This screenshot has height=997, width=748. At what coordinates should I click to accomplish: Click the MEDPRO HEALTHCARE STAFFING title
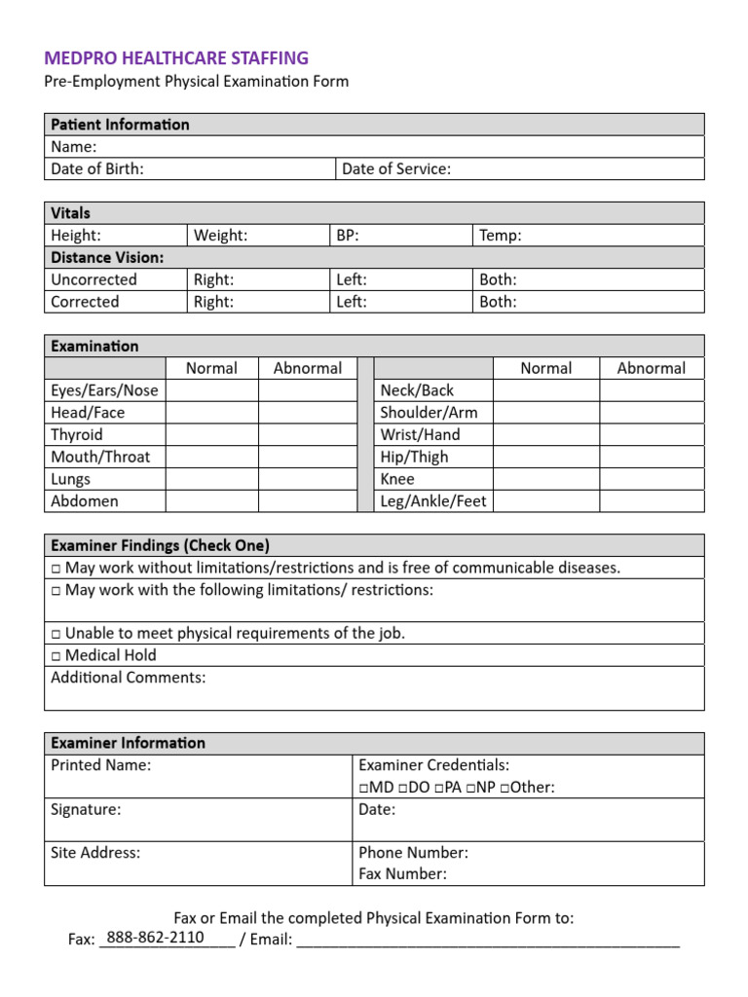(176, 58)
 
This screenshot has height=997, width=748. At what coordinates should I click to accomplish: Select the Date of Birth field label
(97, 169)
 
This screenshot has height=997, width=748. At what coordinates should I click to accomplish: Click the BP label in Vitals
(348, 236)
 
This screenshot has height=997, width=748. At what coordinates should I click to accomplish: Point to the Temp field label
(501, 236)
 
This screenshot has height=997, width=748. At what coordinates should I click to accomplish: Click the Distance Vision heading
(107, 258)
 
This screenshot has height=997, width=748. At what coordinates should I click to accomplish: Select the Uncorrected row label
(93, 280)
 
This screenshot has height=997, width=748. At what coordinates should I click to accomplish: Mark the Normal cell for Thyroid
(211, 435)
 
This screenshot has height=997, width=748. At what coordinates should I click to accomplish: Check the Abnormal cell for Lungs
(308, 480)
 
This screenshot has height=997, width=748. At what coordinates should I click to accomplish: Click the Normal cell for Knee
(545, 480)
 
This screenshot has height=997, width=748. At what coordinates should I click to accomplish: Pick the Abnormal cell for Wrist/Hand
(651, 435)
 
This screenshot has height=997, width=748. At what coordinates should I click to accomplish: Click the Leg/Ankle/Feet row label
(433, 502)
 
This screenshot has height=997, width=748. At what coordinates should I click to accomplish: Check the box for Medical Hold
(56, 656)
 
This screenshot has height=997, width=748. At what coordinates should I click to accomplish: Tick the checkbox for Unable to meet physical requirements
(56, 634)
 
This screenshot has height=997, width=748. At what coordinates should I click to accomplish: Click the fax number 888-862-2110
(156, 938)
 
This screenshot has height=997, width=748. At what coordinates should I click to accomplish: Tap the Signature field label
(86, 810)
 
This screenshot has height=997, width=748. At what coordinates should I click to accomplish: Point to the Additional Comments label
(128, 679)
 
